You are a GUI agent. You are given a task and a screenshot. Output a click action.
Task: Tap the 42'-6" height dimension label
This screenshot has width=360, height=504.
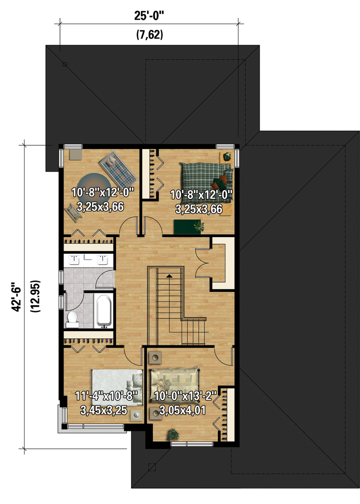coord(16,297)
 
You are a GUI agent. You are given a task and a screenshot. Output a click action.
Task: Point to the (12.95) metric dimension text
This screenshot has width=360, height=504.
coord(35,296)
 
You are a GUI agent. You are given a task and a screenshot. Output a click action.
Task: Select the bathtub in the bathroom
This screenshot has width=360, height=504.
coord(104,310)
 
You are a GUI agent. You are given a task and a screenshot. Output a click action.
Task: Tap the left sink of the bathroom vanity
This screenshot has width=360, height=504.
coord(74,259)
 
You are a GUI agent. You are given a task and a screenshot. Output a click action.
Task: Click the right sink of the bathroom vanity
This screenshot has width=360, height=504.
coord(102,259)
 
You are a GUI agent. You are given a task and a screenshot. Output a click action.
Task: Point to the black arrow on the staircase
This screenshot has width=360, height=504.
coord(169,275)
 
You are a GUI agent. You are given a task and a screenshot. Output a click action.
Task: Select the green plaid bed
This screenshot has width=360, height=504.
coord(206,183)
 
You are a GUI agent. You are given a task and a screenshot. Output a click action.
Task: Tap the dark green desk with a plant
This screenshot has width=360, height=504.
coord(189,227)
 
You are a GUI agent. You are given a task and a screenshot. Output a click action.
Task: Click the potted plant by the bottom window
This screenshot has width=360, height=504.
coord(173,434)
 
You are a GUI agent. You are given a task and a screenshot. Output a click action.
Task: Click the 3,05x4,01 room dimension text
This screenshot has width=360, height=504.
coord(182,410)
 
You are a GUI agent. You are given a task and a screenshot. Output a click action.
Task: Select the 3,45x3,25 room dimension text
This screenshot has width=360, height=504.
coord(103,410)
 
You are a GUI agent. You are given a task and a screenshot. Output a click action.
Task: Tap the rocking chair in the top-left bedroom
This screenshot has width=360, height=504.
coord(73,212)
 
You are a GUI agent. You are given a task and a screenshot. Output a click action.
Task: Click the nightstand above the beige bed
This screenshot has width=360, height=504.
coord(156,357)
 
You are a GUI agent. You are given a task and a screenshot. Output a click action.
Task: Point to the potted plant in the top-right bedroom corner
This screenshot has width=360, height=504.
coord(227,157)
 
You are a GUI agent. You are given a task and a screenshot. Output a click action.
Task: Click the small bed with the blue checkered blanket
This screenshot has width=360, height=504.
coord(116,168)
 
